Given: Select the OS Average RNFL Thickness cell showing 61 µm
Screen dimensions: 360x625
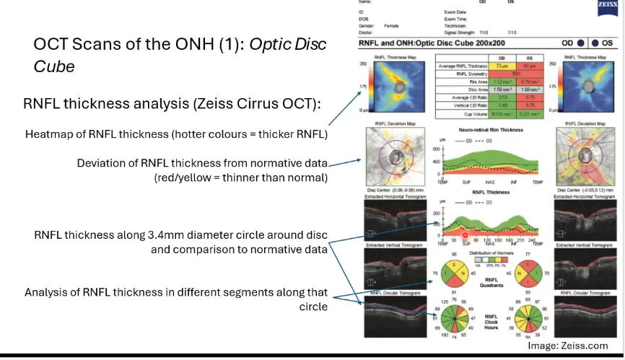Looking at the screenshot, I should point(529,66).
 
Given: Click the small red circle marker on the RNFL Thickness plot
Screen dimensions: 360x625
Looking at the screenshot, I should point(466,234).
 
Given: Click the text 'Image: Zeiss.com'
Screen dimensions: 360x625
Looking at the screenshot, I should point(567,346).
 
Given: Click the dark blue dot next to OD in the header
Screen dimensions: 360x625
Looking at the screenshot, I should point(582,43).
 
